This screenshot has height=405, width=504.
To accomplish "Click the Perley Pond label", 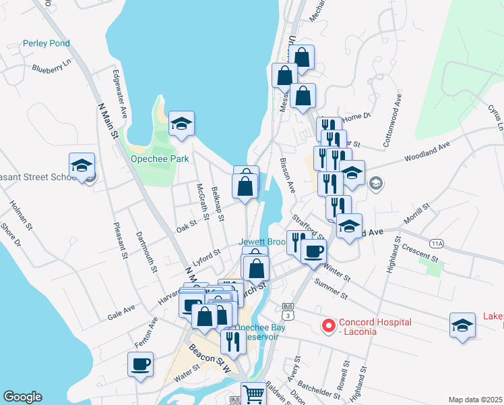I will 46,43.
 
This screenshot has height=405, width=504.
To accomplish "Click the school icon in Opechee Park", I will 181,124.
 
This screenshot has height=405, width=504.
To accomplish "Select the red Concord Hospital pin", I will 329,326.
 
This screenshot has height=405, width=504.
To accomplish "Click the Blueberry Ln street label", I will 51,67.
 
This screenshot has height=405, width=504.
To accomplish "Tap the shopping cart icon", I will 254,393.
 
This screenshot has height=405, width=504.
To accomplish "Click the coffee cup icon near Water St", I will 141,364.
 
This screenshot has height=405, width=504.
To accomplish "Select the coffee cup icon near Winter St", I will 313,252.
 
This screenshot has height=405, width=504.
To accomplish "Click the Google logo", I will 22,397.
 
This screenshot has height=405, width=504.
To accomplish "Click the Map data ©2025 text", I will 475,400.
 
